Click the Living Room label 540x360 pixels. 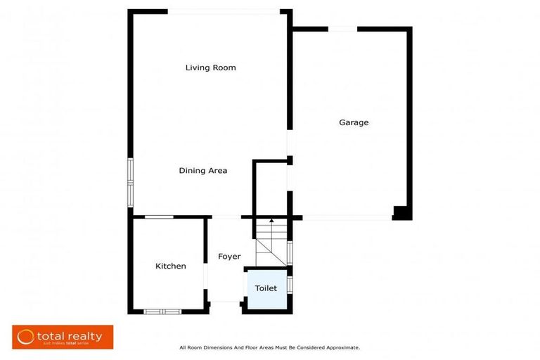point(210,68)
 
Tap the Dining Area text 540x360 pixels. point(202,171)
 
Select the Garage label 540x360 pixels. point(354,123)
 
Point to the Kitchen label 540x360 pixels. point(171,266)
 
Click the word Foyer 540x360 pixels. point(229,257)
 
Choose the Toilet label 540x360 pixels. point(266,288)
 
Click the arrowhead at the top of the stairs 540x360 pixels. point(271,221)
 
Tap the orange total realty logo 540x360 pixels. point(63,337)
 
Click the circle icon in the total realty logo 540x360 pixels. point(26,337)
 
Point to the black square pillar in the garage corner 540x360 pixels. point(402,212)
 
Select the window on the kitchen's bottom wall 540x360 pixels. point(162,311)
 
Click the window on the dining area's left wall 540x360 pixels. point(130,183)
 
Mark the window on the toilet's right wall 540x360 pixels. point(290,284)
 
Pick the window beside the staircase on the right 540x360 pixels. point(290,252)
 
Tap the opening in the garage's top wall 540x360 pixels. point(342,29)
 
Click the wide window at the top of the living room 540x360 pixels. point(224,11)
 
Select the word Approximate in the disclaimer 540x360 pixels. point(342,347)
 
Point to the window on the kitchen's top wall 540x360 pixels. point(159,217)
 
